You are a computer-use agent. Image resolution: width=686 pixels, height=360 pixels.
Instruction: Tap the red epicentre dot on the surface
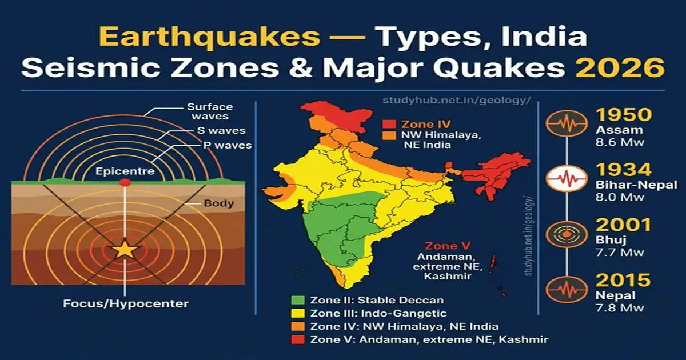(125, 182)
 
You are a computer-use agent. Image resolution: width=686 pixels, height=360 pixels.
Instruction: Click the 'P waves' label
(227, 145)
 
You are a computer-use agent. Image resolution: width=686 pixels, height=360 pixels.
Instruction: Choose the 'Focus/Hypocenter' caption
(126, 303)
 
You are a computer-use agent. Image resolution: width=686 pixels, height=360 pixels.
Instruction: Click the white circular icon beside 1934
(567, 178)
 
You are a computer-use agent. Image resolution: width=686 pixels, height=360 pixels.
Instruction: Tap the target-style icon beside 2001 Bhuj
(567, 234)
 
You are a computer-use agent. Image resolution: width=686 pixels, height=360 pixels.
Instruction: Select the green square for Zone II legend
(297, 300)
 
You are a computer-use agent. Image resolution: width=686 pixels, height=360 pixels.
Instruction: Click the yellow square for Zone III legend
(297, 313)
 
